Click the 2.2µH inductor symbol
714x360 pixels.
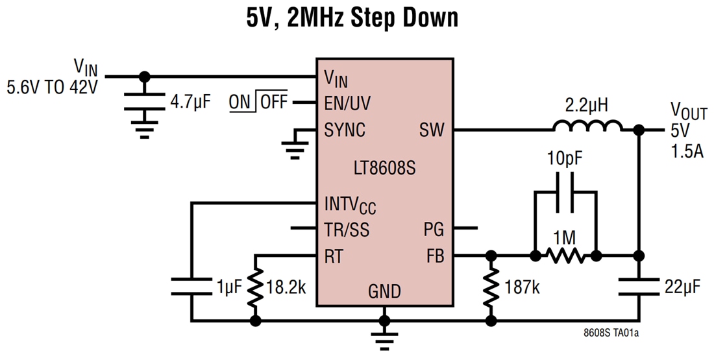pos(588,126)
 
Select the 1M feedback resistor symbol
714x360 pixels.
pos(565,256)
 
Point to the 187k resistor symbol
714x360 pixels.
pos(491,288)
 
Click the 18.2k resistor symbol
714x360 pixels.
pos(256,288)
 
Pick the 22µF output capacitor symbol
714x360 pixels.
pos(639,286)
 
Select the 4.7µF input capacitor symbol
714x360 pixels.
pos(144,101)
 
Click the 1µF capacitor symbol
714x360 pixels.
pos(192,286)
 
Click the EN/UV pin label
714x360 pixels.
pos(348,102)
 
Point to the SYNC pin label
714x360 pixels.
pos(345,130)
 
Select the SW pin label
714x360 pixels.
pos(432,130)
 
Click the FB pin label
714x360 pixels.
pos(435,256)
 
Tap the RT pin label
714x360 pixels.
pos(334,256)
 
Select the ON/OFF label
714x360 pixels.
pos(258,102)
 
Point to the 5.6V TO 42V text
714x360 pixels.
pos(52,86)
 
